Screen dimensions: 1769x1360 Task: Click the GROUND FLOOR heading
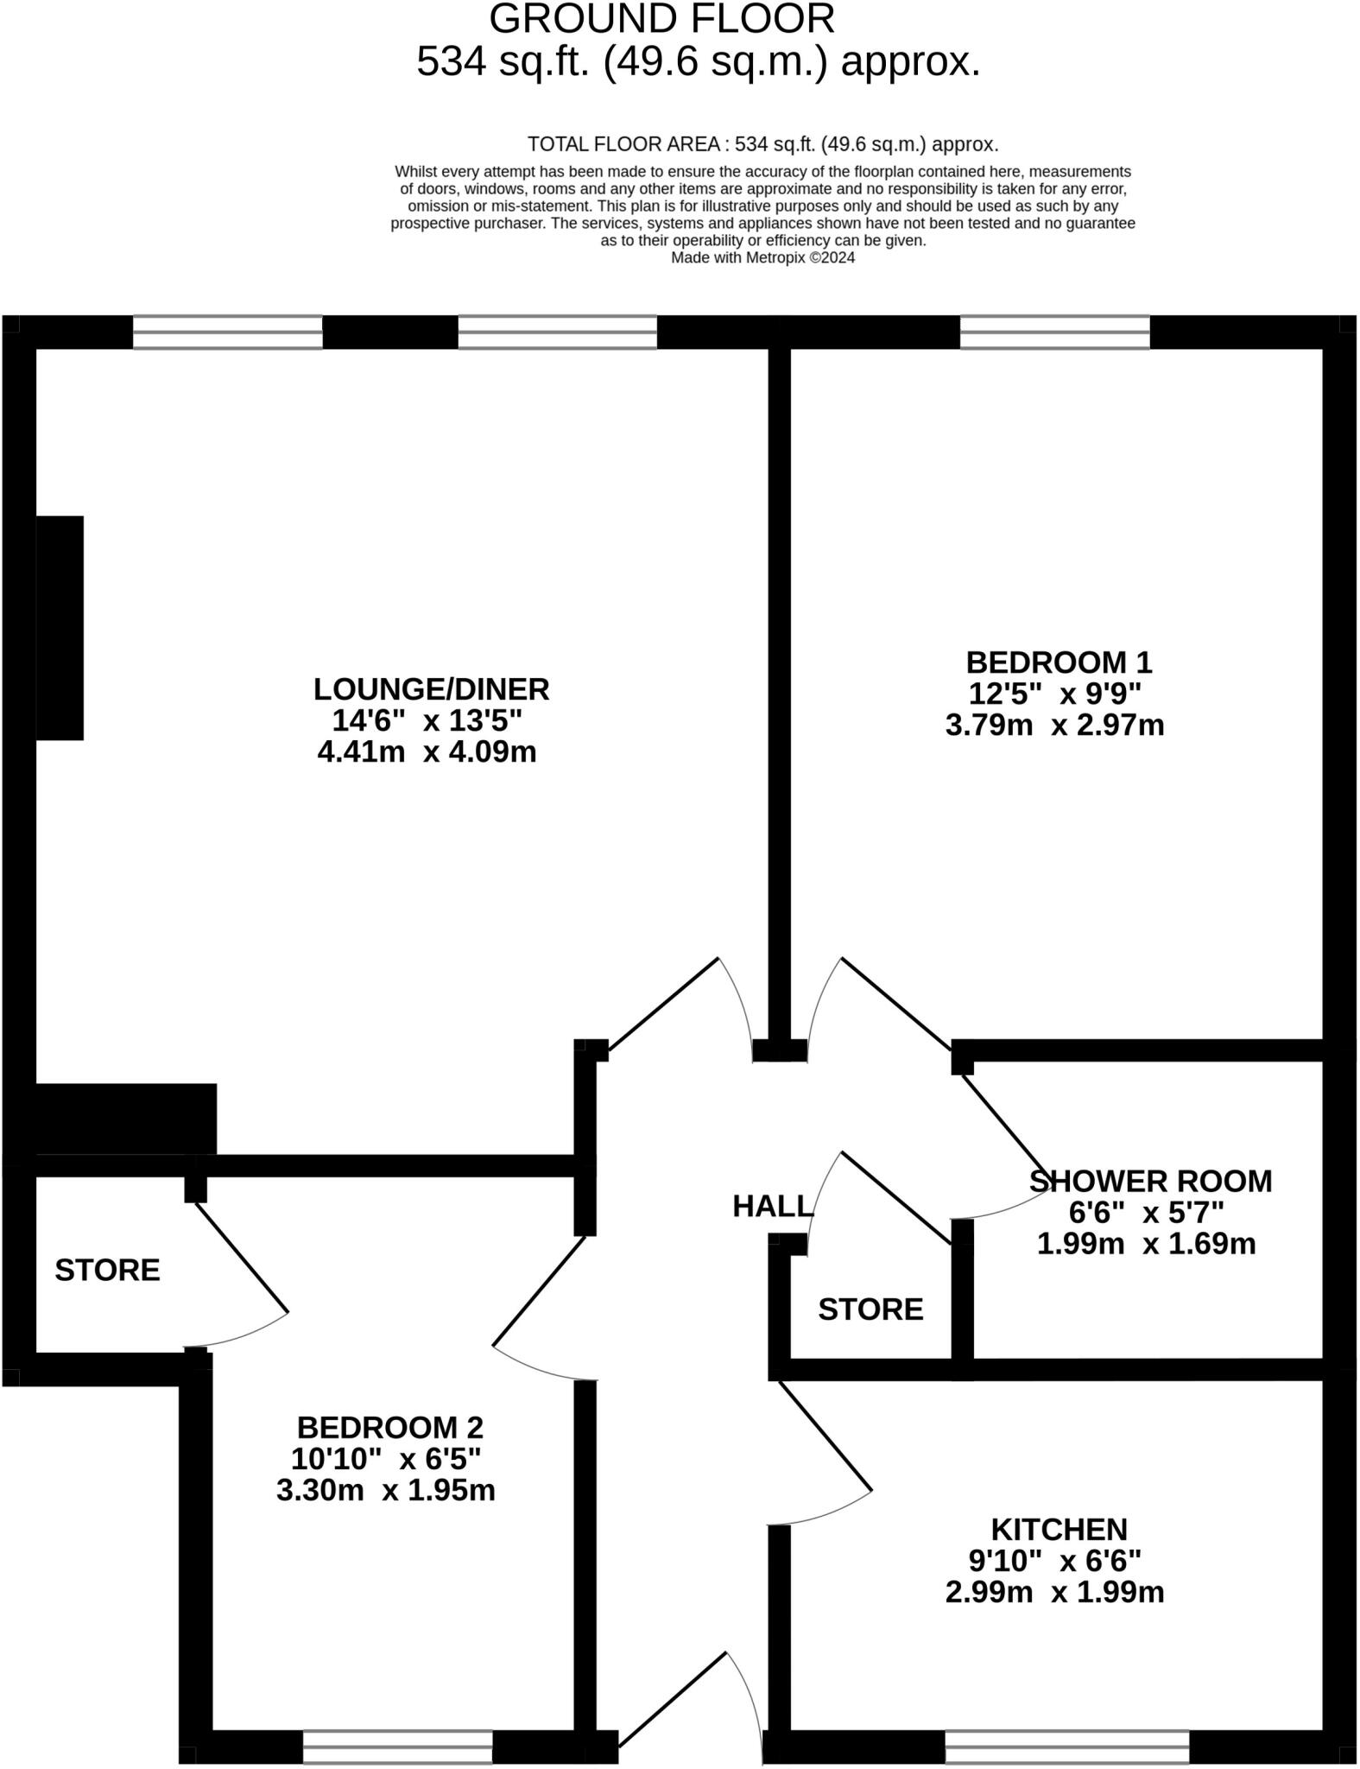point(662,19)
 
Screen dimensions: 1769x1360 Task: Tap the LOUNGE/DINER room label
point(431,689)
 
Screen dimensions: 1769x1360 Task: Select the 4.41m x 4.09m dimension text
point(427,751)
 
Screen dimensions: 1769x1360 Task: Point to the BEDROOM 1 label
point(1059,663)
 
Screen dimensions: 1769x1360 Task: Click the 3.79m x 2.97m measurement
point(1054,725)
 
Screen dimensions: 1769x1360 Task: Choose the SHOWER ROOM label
point(1150,1181)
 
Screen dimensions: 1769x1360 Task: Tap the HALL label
point(772,1207)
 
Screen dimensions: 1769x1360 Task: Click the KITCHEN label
point(1059,1529)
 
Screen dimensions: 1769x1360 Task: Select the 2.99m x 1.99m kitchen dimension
point(1054,1591)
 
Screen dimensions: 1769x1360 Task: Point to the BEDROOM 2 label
point(390,1427)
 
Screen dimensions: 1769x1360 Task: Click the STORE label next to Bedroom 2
point(107,1270)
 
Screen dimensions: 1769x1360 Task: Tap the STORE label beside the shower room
point(870,1309)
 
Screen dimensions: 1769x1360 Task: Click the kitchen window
point(1066,1746)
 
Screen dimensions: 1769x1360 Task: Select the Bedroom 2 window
point(397,1746)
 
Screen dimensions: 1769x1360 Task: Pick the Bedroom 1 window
point(1054,332)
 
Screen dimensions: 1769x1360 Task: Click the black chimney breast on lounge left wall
point(60,628)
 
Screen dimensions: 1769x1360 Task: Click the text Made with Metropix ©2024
point(762,257)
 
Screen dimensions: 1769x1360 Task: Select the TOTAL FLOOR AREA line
point(762,144)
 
